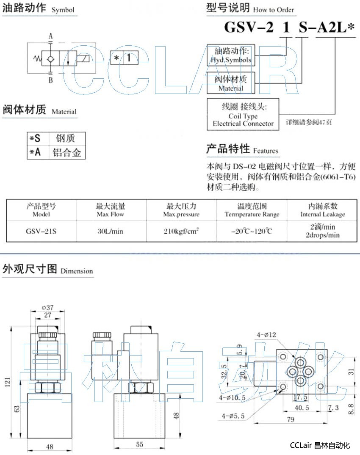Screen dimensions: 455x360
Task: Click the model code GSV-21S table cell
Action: [42, 231]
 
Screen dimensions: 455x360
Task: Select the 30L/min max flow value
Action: [111, 231]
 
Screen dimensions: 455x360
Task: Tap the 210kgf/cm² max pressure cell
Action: [181, 231]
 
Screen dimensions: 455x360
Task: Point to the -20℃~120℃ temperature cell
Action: [252, 231]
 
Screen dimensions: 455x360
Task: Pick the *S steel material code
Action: [36, 138]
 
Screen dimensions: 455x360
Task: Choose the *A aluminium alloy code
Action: [36, 152]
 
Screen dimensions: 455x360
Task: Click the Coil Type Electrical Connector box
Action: [243, 114]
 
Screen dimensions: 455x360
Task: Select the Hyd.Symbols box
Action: [231, 55]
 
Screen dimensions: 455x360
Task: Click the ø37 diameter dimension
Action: [47, 307]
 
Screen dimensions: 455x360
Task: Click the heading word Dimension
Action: [76, 271]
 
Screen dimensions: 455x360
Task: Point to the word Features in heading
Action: [266, 151]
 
